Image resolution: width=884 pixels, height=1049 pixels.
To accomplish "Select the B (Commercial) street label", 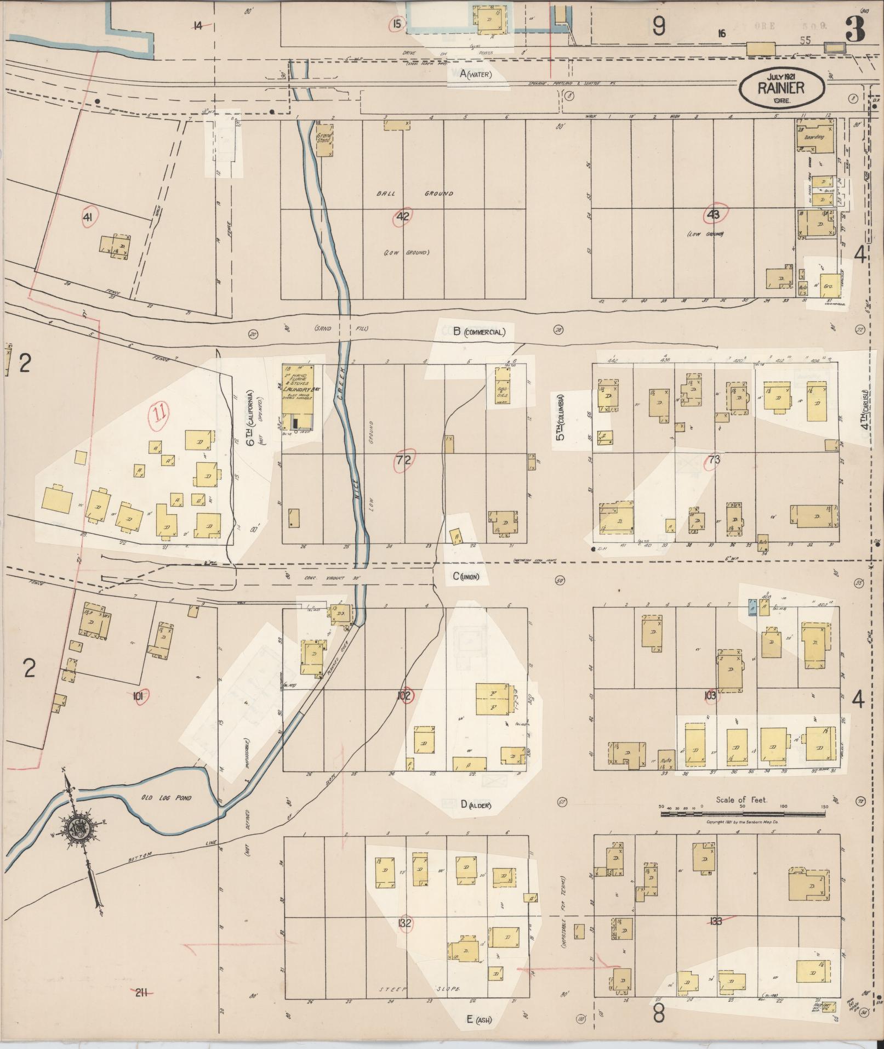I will pos(478,331).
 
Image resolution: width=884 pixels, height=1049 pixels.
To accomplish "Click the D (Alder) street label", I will pos(475,805).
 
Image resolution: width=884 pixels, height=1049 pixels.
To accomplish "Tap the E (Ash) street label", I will pos(478,1019).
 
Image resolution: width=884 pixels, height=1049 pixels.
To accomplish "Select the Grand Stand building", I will pos(324,139).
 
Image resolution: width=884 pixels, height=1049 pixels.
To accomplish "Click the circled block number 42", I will pos(403,217).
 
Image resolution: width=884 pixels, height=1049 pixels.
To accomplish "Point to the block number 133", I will pos(715,921).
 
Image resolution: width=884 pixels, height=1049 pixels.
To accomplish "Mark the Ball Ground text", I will pos(414,194).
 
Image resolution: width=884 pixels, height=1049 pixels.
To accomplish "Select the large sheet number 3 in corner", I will pos(854,29).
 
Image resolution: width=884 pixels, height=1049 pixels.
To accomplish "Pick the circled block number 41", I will pos(87,218).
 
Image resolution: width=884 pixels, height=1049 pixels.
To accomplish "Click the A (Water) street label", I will pos(476,75).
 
